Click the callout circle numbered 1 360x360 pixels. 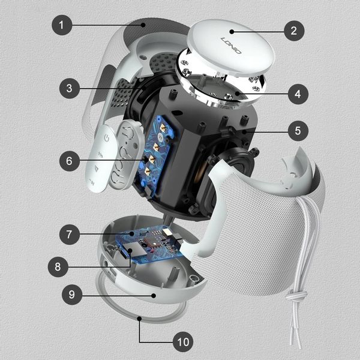(62, 26)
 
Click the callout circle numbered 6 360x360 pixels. (70, 160)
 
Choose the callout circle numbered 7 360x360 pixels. (70, 233)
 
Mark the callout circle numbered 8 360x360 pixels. (58, 266)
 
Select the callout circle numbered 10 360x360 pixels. (183, 343)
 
